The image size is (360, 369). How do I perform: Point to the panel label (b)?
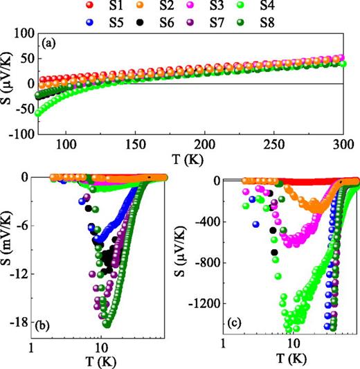coord(62,325)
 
